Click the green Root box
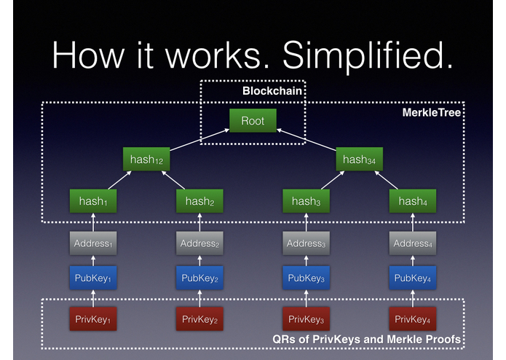coord(253,120)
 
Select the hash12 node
coord(146,159)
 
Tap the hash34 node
coord(359,159)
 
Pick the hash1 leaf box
coord(93,201)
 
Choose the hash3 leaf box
coord(306,201)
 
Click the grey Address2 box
coord(199,243)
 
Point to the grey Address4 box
coord(412,243)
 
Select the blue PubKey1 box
coord(93,278)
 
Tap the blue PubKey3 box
coord(306,278)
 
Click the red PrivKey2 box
coord(199,319)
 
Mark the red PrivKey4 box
coord(412,319)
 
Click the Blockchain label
coord(272,91)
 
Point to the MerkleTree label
coord(432,112)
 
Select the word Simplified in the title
coord(368,55)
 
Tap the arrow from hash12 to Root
coord(199,140)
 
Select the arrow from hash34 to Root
coord(307,140)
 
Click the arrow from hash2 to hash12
coord(173,180)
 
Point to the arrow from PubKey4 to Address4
coord(412,261)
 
